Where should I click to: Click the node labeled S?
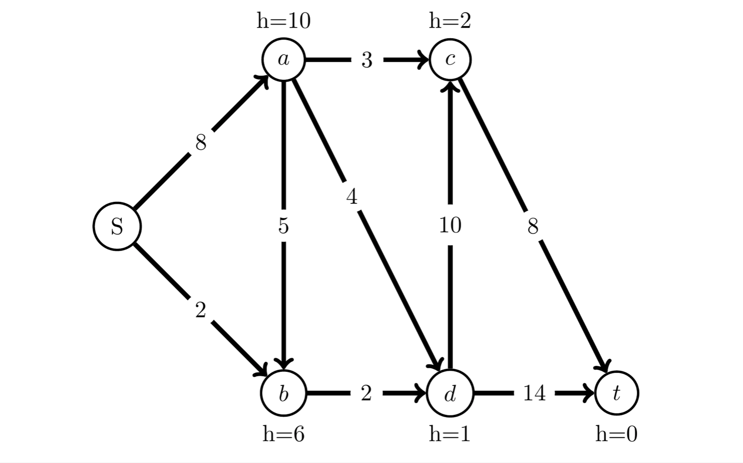[117, 226]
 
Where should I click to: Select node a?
[283, 60]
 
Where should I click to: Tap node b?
[283, 393]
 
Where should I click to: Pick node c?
[450, 60]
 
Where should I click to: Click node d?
[450, 393]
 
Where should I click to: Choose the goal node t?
[616, 393]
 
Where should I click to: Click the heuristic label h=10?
[283, 21]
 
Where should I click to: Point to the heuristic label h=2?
[450, 21]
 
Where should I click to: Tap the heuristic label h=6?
[283, 433]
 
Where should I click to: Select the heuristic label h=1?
[450, 433]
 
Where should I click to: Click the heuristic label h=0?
[616, 433]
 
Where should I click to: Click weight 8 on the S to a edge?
[201, 143]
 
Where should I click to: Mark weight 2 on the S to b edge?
[200, 310]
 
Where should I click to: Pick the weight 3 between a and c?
[366, 60]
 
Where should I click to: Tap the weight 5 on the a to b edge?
[283, 226]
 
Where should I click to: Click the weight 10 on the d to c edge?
[450, 225]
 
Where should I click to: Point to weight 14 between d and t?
[534, 393]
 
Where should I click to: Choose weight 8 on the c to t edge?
[533, 226]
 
